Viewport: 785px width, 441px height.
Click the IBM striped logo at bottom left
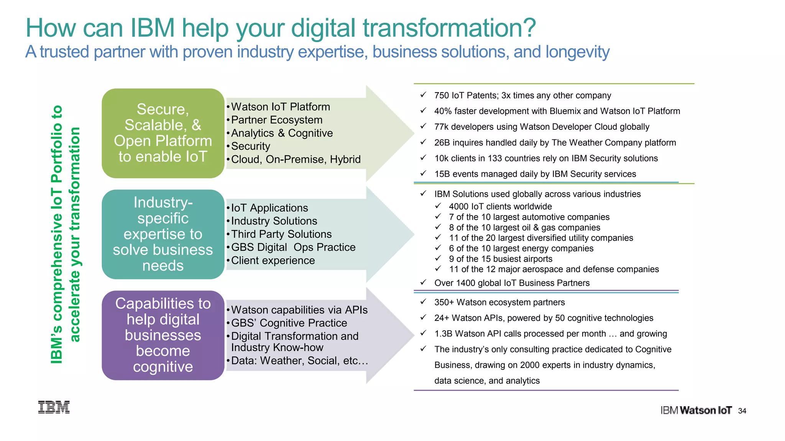pos(54,407)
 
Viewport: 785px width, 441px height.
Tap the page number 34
pos(742,411)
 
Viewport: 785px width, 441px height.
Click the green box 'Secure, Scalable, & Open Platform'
pos(163,133)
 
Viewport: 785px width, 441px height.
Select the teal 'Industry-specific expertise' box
pos(163,234)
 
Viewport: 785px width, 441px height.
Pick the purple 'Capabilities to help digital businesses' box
pos(163,335)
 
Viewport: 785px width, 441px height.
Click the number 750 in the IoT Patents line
pos(442,95)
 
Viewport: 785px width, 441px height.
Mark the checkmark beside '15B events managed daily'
pos(423,173)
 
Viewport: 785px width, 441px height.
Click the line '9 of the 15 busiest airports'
pos(501,259)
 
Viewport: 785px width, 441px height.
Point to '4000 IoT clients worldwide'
pos(500,206)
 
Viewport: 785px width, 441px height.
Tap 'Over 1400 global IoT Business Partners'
pos(512,283)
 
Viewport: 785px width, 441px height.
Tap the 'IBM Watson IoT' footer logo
pos(696,410)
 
